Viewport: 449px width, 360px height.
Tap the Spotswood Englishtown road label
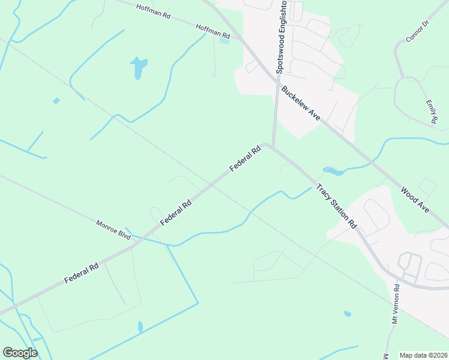(280, 37)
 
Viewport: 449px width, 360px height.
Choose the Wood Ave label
(415, 200)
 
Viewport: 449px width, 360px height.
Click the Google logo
(20, 353)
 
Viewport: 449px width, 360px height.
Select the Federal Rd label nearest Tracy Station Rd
(244, 159)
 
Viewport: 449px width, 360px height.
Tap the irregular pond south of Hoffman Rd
(139, 67)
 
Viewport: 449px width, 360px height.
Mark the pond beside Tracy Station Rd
(333, 171)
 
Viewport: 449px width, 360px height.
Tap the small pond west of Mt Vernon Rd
(348, 313)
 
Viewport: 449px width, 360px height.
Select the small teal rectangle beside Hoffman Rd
(224, 40)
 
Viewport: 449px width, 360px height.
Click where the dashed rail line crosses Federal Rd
(212, 184)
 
